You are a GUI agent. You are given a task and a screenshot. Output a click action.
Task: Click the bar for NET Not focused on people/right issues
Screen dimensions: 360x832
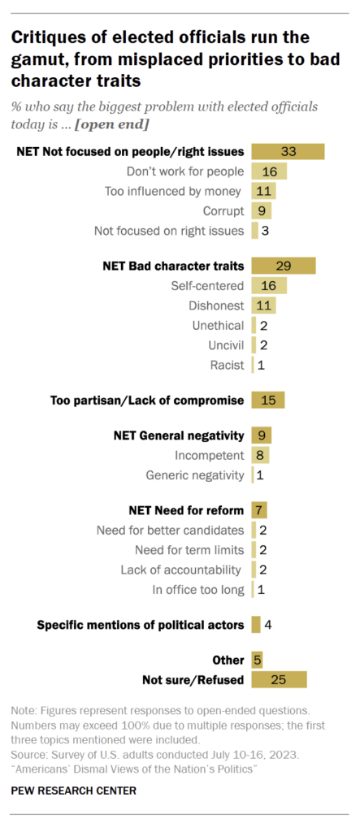[x=288, y=152]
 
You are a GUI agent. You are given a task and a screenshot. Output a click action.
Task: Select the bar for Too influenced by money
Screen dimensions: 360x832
[x=263, y=191]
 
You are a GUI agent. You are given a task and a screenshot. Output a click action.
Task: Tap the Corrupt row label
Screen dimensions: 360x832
[x=223, y=210]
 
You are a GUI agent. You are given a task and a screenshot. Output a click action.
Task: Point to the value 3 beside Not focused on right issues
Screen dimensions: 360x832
[x=264, y=231]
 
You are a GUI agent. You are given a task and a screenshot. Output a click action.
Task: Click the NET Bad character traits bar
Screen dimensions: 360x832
[x=284, y=266]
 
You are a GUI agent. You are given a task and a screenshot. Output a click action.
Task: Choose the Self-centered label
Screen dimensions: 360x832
[x=207, y=286]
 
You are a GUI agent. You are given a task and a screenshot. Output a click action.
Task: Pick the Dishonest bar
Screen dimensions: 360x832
[x=263, y=305]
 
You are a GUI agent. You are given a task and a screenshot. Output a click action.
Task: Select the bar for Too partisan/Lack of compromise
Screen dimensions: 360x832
[x=268, y=400]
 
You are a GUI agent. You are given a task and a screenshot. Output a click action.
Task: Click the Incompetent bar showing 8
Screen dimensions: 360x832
[x=260, y=455]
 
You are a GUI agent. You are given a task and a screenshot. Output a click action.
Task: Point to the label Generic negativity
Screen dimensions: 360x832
[x=195, y=475]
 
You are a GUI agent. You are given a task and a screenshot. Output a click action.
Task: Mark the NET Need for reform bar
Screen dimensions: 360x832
[x=259, y=510]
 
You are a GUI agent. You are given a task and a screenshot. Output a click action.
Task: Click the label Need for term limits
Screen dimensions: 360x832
[x=189, y=550]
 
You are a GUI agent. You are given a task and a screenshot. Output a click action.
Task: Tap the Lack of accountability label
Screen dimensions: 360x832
[x=180, y=570]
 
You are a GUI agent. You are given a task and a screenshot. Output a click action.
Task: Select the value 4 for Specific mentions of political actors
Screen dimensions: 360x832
[x=268, y=625]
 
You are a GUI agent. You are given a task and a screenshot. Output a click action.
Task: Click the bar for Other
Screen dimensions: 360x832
[x=257, y=661]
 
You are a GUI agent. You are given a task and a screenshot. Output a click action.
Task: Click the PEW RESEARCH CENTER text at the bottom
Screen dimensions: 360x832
[x=73, y=791]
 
